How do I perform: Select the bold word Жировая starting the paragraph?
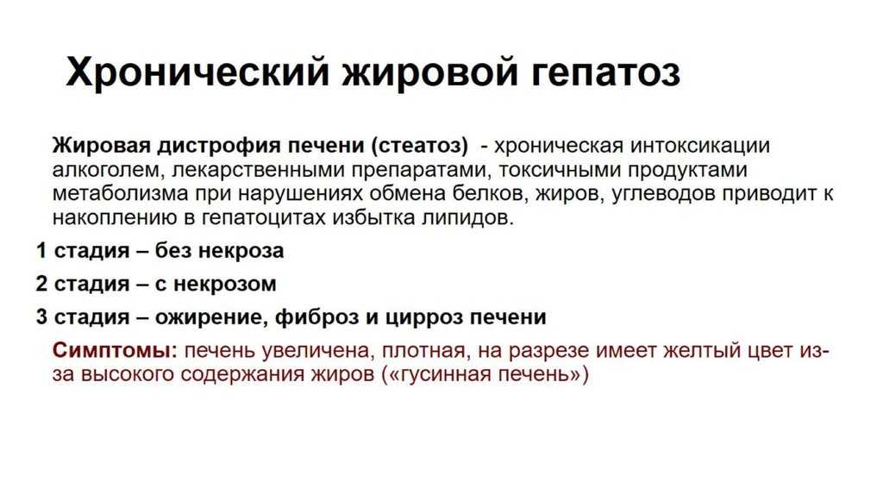pos(102,145)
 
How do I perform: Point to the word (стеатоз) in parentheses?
pos(420,146)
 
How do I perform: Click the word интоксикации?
pos(700,146)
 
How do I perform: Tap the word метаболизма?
pos(120,194)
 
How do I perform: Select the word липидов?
pos(468,218)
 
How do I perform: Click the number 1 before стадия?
pos(41,251)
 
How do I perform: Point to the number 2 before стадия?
pos(41,283)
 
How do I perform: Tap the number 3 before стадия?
pos(41,316)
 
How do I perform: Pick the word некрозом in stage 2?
pos(225,284)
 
